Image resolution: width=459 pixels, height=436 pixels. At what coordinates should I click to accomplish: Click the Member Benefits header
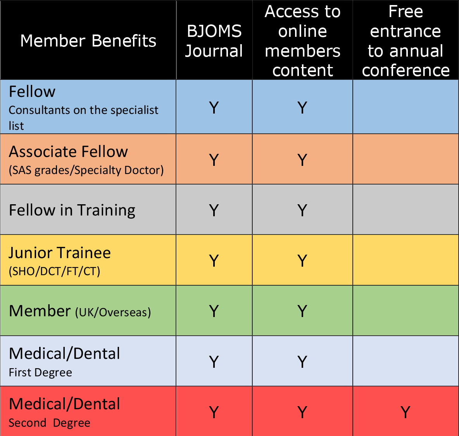click(x=88, y=40)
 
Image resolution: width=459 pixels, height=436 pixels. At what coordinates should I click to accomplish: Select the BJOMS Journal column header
click(x=214, y=41)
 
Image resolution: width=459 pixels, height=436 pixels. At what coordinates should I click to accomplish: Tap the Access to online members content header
click(x=302, y=41)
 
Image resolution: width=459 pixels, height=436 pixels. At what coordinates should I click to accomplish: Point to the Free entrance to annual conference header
click(x=406, y=41)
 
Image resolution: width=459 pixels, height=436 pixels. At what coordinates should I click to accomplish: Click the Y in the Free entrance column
click(x=406, y=412)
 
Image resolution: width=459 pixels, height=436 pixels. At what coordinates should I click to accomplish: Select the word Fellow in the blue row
click(x=32, y=91)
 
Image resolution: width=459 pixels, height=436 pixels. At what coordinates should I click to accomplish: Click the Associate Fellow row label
click(x=68, y=152)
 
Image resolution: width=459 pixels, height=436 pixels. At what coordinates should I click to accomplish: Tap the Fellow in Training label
click(x=72, y=210)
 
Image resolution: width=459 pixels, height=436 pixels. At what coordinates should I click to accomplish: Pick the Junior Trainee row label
click(x=60, y=253)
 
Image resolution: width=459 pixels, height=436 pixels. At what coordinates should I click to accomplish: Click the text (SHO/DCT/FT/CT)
click(x=54, y=271)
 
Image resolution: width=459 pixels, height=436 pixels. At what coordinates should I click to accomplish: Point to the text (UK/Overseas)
click(x=113, y=312)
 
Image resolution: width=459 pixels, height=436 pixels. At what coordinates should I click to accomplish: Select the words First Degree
click(x=40, y=372)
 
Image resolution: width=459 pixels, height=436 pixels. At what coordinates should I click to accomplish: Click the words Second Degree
click(x=50, y=423)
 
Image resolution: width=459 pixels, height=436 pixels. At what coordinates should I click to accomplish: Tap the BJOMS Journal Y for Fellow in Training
click(x=214, y=210)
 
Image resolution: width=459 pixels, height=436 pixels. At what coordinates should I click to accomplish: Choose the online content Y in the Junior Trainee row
click(x=302, y=260)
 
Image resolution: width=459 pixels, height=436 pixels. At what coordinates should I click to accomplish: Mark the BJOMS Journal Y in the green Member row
click(x=214, y=311)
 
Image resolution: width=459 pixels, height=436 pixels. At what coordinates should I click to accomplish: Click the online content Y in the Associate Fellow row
click(x=302, y=160)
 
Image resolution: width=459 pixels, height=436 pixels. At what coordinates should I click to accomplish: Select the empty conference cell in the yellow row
click(x=406, y=260)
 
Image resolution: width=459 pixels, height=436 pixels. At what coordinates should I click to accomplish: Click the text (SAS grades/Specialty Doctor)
click(x=86, y=170)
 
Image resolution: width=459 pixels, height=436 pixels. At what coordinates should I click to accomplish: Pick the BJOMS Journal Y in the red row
click(x=214, y=412)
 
